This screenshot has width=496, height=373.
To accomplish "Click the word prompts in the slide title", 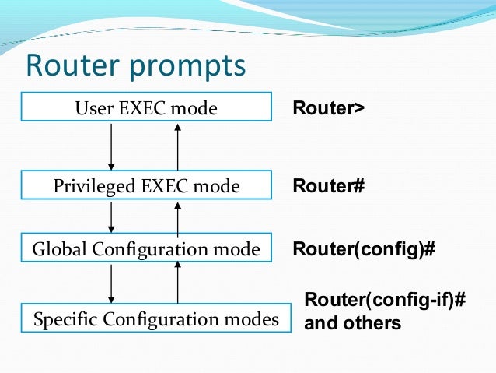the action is (x=187, y=67).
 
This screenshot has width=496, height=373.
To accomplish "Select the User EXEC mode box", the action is (x=145, y=107).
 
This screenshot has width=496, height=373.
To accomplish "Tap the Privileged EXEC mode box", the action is (x=145, y=186).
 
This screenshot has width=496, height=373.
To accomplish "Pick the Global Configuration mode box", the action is (x=145, y=249).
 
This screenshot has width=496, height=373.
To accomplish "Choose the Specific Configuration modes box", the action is (x=155, y=318).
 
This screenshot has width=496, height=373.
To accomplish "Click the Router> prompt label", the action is (x=327, y=107).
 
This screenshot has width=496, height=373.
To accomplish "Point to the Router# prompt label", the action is (x=328, y=186).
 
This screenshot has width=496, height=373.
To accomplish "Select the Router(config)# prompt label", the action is (x=363, y=249).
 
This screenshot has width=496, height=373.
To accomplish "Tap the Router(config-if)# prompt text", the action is (x=384, y=301).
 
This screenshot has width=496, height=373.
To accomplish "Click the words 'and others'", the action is (x=352, y=322).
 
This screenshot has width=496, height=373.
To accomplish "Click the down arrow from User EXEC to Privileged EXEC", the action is (x=112, y=146).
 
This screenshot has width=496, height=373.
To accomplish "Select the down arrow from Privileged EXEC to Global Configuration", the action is (x=112, y=216).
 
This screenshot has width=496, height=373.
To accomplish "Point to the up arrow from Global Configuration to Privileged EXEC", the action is (x=178, y=217).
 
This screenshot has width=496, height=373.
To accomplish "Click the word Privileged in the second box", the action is (x=86, y=187).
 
